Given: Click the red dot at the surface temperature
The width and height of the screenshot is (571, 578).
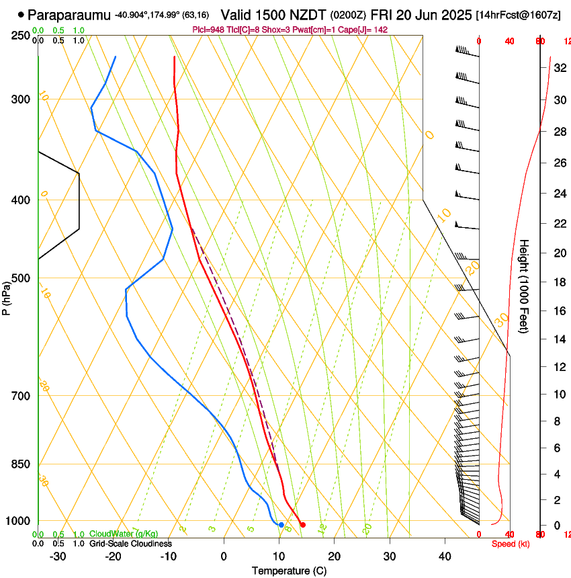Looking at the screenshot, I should tap(303, 525).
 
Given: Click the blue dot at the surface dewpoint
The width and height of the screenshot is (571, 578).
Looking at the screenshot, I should tap(281, 525).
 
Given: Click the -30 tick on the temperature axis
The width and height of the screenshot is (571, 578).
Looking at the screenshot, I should tap(58, 556).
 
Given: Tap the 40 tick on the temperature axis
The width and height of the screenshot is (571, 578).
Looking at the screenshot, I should tap(444, 556).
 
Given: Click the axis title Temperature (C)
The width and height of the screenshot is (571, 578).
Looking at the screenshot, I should tap(289, 571).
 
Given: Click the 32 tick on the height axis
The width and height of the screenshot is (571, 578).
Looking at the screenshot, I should tap(558, 68).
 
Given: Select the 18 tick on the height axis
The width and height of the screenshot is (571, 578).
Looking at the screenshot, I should tap(558, 282).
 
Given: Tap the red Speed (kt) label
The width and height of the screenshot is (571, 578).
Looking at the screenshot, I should tap(511, 544).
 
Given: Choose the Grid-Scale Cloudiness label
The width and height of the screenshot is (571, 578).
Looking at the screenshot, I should tap(130, 544).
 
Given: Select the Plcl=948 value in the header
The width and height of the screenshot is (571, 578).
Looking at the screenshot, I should tap(208, 30).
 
